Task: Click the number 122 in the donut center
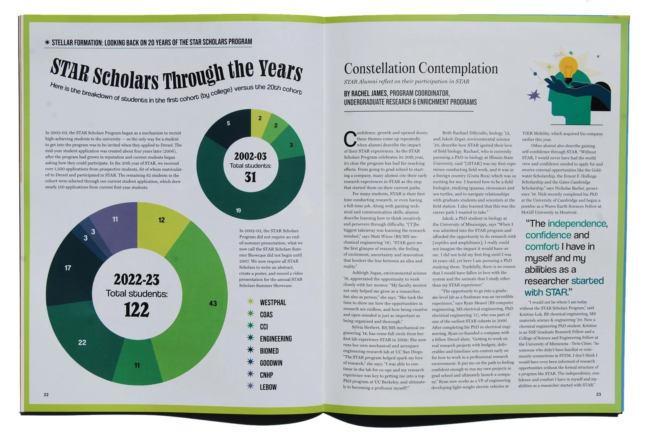coord(137,309)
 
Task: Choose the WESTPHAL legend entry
coord(272,302)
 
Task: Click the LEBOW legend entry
coord(268,387)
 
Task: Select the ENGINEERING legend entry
coord(276,339)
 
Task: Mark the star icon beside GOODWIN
coord(251,362)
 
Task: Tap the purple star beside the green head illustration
coord(536,95)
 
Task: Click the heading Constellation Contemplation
coord(421,68)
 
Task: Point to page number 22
coord(46,394)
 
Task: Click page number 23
coord(598,394)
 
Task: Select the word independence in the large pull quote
coord(577,224)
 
